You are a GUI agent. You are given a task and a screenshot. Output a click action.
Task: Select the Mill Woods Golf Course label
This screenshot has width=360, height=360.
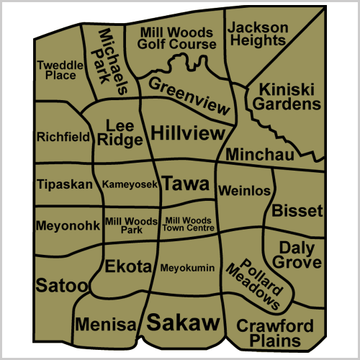(177, 38)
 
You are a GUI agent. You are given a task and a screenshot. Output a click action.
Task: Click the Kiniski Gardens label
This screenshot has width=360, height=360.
(290, 97)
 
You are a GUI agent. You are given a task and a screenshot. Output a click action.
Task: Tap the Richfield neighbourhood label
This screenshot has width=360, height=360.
(63, 136)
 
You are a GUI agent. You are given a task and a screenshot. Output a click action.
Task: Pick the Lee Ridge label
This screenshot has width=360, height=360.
(120, 132)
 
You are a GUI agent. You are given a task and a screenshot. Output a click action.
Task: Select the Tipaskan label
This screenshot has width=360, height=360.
(64, 184)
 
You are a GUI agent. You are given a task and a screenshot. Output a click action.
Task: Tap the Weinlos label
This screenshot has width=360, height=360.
(245, 191)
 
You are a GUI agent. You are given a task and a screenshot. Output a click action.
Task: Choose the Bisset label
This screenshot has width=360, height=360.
(297, 211)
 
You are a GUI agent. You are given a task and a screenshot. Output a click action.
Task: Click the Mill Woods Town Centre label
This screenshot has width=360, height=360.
(189, 225)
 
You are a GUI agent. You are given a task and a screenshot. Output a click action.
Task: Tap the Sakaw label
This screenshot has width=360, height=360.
(182, 322)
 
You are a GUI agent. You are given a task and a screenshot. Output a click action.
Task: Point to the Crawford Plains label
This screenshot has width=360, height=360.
(275, 332)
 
